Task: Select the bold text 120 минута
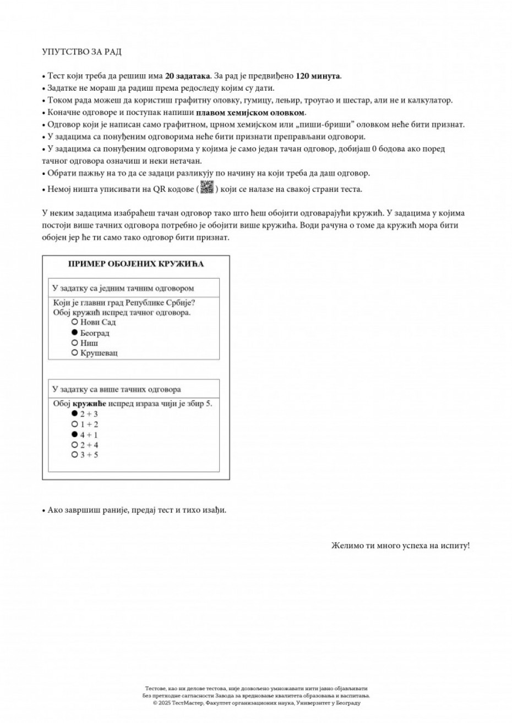(318, 76)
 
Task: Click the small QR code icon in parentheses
(206, 187)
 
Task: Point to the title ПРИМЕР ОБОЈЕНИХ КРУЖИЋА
(136, 264)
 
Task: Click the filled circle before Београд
(74, 333)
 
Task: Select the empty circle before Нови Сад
(74, 322)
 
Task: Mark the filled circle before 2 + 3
(74, 413)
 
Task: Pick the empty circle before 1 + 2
(74, 424)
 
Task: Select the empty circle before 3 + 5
(74, 455)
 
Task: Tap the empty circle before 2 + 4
(74, 444)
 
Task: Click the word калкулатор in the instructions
(432, 100)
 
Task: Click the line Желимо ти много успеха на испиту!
(400, 546)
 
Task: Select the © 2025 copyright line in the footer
(257, 703)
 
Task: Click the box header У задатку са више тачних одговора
(116, 389)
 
